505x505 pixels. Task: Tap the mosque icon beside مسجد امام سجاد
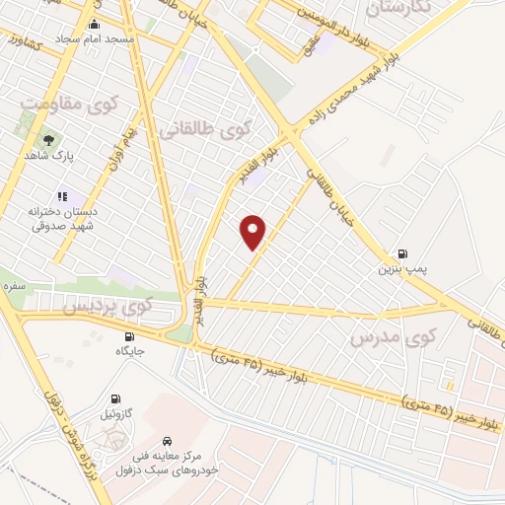(94, 24)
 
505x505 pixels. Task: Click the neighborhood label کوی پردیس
(108, 306)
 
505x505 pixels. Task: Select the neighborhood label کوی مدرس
(393, 338)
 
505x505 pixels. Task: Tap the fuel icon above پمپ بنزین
(401, 253)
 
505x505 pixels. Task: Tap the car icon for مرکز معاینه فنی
(168, 440)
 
